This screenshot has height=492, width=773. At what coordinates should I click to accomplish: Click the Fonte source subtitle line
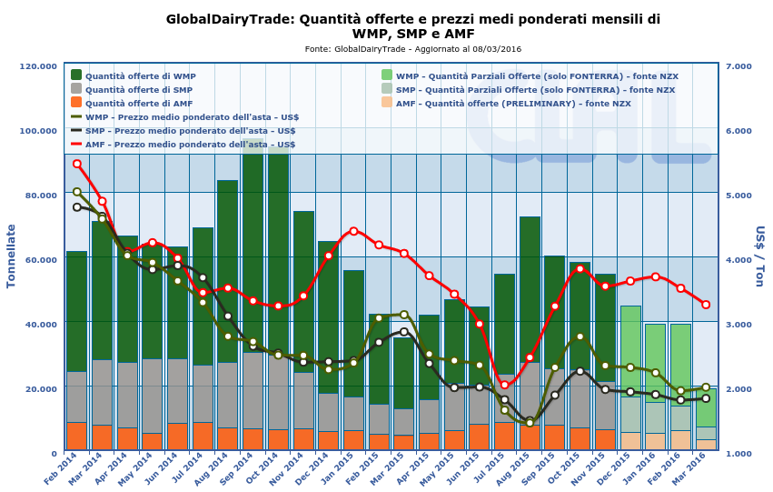pos(412,49)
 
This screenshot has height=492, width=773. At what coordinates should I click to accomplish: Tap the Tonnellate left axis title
pos(12,256)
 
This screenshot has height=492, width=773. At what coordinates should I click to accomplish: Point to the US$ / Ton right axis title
pos(758,256)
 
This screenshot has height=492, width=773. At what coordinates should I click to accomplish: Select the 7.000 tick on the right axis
pos(738,66)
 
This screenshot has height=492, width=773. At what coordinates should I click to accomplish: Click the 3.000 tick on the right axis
pos(738,324)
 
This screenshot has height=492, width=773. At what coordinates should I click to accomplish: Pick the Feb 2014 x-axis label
pos(63,470)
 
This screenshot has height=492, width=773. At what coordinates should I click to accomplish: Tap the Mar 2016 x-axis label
pos(691,470)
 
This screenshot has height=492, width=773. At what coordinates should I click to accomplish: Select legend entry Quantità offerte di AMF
pos(138,104)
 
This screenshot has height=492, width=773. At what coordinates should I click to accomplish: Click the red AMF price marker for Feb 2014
pos(77,164)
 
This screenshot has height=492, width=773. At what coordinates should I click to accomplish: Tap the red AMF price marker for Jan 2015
pos(353,231)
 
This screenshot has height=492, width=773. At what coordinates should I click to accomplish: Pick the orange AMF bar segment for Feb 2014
pos(77,436)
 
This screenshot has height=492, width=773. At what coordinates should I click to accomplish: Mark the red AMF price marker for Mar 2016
pos(706,305)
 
